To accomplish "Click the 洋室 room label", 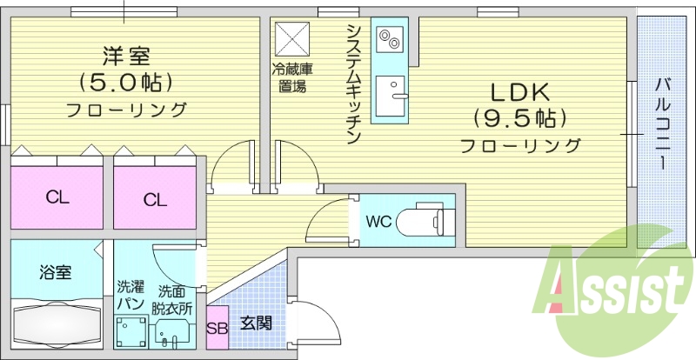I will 127,57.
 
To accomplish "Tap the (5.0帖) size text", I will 127,83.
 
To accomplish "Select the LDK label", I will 521,90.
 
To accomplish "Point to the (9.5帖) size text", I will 521,117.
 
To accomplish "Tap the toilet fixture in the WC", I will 424,221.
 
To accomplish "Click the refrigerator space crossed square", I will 288,38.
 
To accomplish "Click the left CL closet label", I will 57,197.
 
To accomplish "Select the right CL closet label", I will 155,200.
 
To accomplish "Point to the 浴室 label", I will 56,272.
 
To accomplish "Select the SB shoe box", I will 217,328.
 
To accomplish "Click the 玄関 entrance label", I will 257,323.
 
